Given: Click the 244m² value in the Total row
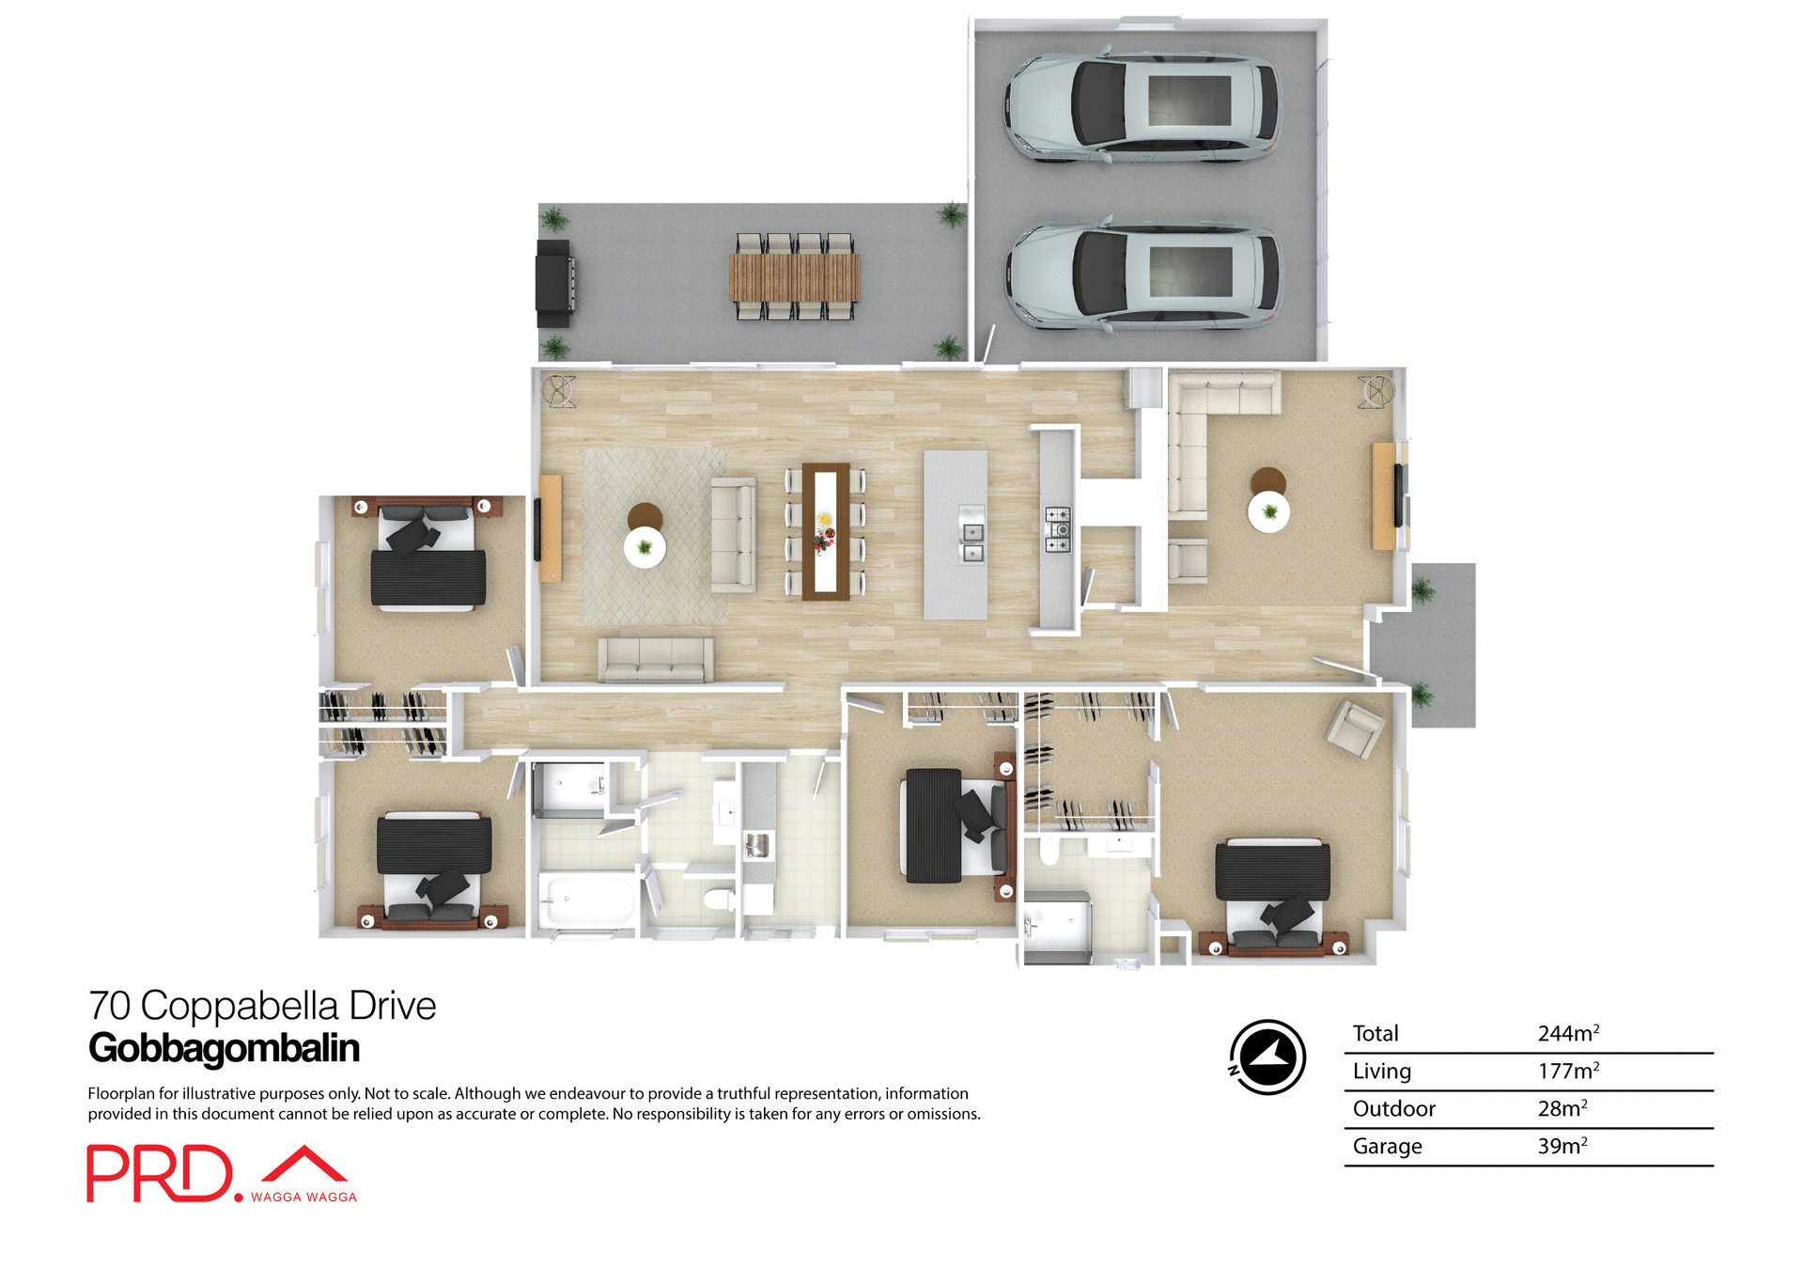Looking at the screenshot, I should [1567, 1033].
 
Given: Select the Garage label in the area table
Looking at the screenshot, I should [1387, 1147].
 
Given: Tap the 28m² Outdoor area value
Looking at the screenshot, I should [1562, 1109].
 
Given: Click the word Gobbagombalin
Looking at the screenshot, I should [224, 1048].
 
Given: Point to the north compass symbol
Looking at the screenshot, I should [1267, 1057].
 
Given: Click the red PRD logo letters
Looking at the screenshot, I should [160, 1173].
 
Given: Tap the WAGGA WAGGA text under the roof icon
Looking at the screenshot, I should [303, 1197].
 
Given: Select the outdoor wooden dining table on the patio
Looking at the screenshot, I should [794, 277].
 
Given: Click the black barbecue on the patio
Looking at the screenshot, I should [554, 283].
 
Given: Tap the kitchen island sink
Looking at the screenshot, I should [971, 534].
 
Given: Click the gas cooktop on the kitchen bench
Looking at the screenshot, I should [1058, 529].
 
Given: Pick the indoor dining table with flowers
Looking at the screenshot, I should [825, 531].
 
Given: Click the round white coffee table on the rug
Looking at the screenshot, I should [645, 547].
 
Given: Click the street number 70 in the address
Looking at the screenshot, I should [109, 1006].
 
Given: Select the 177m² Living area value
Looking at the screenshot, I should [1567, 1072].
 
